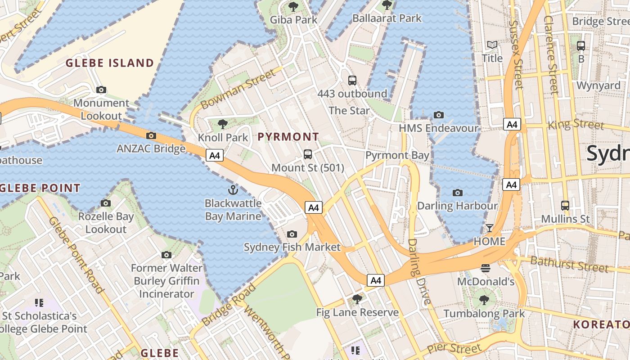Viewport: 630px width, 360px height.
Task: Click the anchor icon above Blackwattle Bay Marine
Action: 233,189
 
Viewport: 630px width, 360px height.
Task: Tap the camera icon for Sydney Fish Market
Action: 292,234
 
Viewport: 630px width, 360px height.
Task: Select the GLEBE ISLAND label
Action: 110,63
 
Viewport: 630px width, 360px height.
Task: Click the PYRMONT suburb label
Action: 288,136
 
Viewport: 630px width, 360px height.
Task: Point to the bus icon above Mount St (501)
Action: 308,154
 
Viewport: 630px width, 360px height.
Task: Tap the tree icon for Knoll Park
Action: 222,124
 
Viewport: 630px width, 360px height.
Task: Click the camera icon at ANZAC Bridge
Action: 151,135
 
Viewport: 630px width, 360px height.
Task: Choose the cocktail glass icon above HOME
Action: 490,228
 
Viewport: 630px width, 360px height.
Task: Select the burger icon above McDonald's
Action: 485,269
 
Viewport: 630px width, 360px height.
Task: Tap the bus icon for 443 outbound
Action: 352,81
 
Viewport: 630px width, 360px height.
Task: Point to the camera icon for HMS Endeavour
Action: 439,115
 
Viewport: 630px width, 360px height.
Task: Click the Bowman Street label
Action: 238,89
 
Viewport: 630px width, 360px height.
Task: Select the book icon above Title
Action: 492,45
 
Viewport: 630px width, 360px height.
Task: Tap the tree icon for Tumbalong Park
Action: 484,300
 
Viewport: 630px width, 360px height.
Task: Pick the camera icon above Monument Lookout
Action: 101,90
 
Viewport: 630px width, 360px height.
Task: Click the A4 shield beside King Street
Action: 512,125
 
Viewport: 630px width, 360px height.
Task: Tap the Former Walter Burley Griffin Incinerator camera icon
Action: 166,255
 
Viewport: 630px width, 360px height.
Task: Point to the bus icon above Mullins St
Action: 565,206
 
